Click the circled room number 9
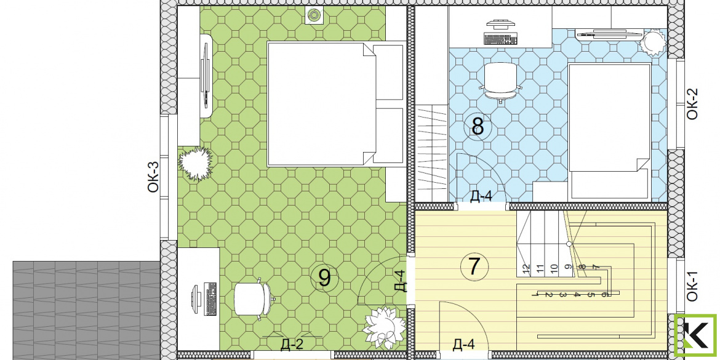coord(324,278)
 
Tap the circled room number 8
coord(478,127)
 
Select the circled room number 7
coord(474,267)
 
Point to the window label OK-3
coord(153,177)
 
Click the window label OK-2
coord(692,104)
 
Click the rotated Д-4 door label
coord(401,281)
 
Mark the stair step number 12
coord(526,268)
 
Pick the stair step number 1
coord(535,294)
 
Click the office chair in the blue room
coord(500,81)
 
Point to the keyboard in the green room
coord(211,299)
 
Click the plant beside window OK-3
coord(195,164)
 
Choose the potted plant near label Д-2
coord(384,328)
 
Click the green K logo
coord(695,335)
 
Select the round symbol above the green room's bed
coord(314,15)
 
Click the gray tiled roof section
coord(86,311)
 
